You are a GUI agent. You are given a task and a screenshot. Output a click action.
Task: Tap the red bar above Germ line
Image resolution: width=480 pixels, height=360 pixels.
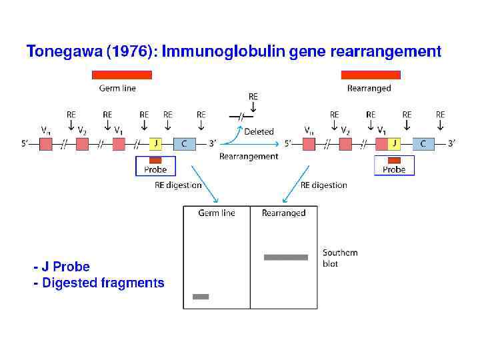[122, 75]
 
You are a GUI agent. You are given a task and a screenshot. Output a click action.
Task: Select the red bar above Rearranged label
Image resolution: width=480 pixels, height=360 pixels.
[371, 75]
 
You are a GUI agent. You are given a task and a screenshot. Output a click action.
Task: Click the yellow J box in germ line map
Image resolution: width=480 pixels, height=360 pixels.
[155, 143]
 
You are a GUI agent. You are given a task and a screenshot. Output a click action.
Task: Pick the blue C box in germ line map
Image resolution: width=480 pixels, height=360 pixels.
[185, 143]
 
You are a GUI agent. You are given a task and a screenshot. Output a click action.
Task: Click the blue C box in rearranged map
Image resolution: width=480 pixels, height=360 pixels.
[423, 143]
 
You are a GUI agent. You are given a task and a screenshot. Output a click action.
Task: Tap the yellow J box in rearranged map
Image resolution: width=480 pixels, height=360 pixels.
[393, 143]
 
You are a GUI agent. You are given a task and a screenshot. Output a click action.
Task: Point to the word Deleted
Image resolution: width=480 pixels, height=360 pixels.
[259, 132]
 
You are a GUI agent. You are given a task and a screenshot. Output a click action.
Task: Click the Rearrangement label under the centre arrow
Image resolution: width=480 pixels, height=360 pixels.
[249, 157]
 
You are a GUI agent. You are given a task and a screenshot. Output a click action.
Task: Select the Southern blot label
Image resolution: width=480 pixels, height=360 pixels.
[340, 258]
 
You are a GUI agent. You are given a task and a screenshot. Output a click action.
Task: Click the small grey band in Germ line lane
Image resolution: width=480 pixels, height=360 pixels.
[201, 297]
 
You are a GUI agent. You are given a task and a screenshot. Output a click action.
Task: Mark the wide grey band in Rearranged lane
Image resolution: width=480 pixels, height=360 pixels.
[286, 257]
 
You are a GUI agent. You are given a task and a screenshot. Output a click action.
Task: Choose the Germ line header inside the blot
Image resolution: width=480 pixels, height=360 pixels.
[217, 213]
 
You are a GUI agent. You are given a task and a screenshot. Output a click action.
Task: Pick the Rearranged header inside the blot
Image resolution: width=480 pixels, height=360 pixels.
[283, 213]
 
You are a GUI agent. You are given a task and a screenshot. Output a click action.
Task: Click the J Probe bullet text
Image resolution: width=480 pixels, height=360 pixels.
[62, 267]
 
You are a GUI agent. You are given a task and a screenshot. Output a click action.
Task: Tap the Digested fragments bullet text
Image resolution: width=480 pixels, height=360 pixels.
[99, 283]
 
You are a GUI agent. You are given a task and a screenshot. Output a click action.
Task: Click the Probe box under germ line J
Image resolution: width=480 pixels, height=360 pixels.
[155, 166]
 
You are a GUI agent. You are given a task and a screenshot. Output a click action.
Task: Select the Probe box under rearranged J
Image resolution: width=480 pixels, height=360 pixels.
[394, 166]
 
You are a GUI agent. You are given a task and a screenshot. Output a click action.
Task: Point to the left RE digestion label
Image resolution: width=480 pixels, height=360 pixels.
[178, 185]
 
